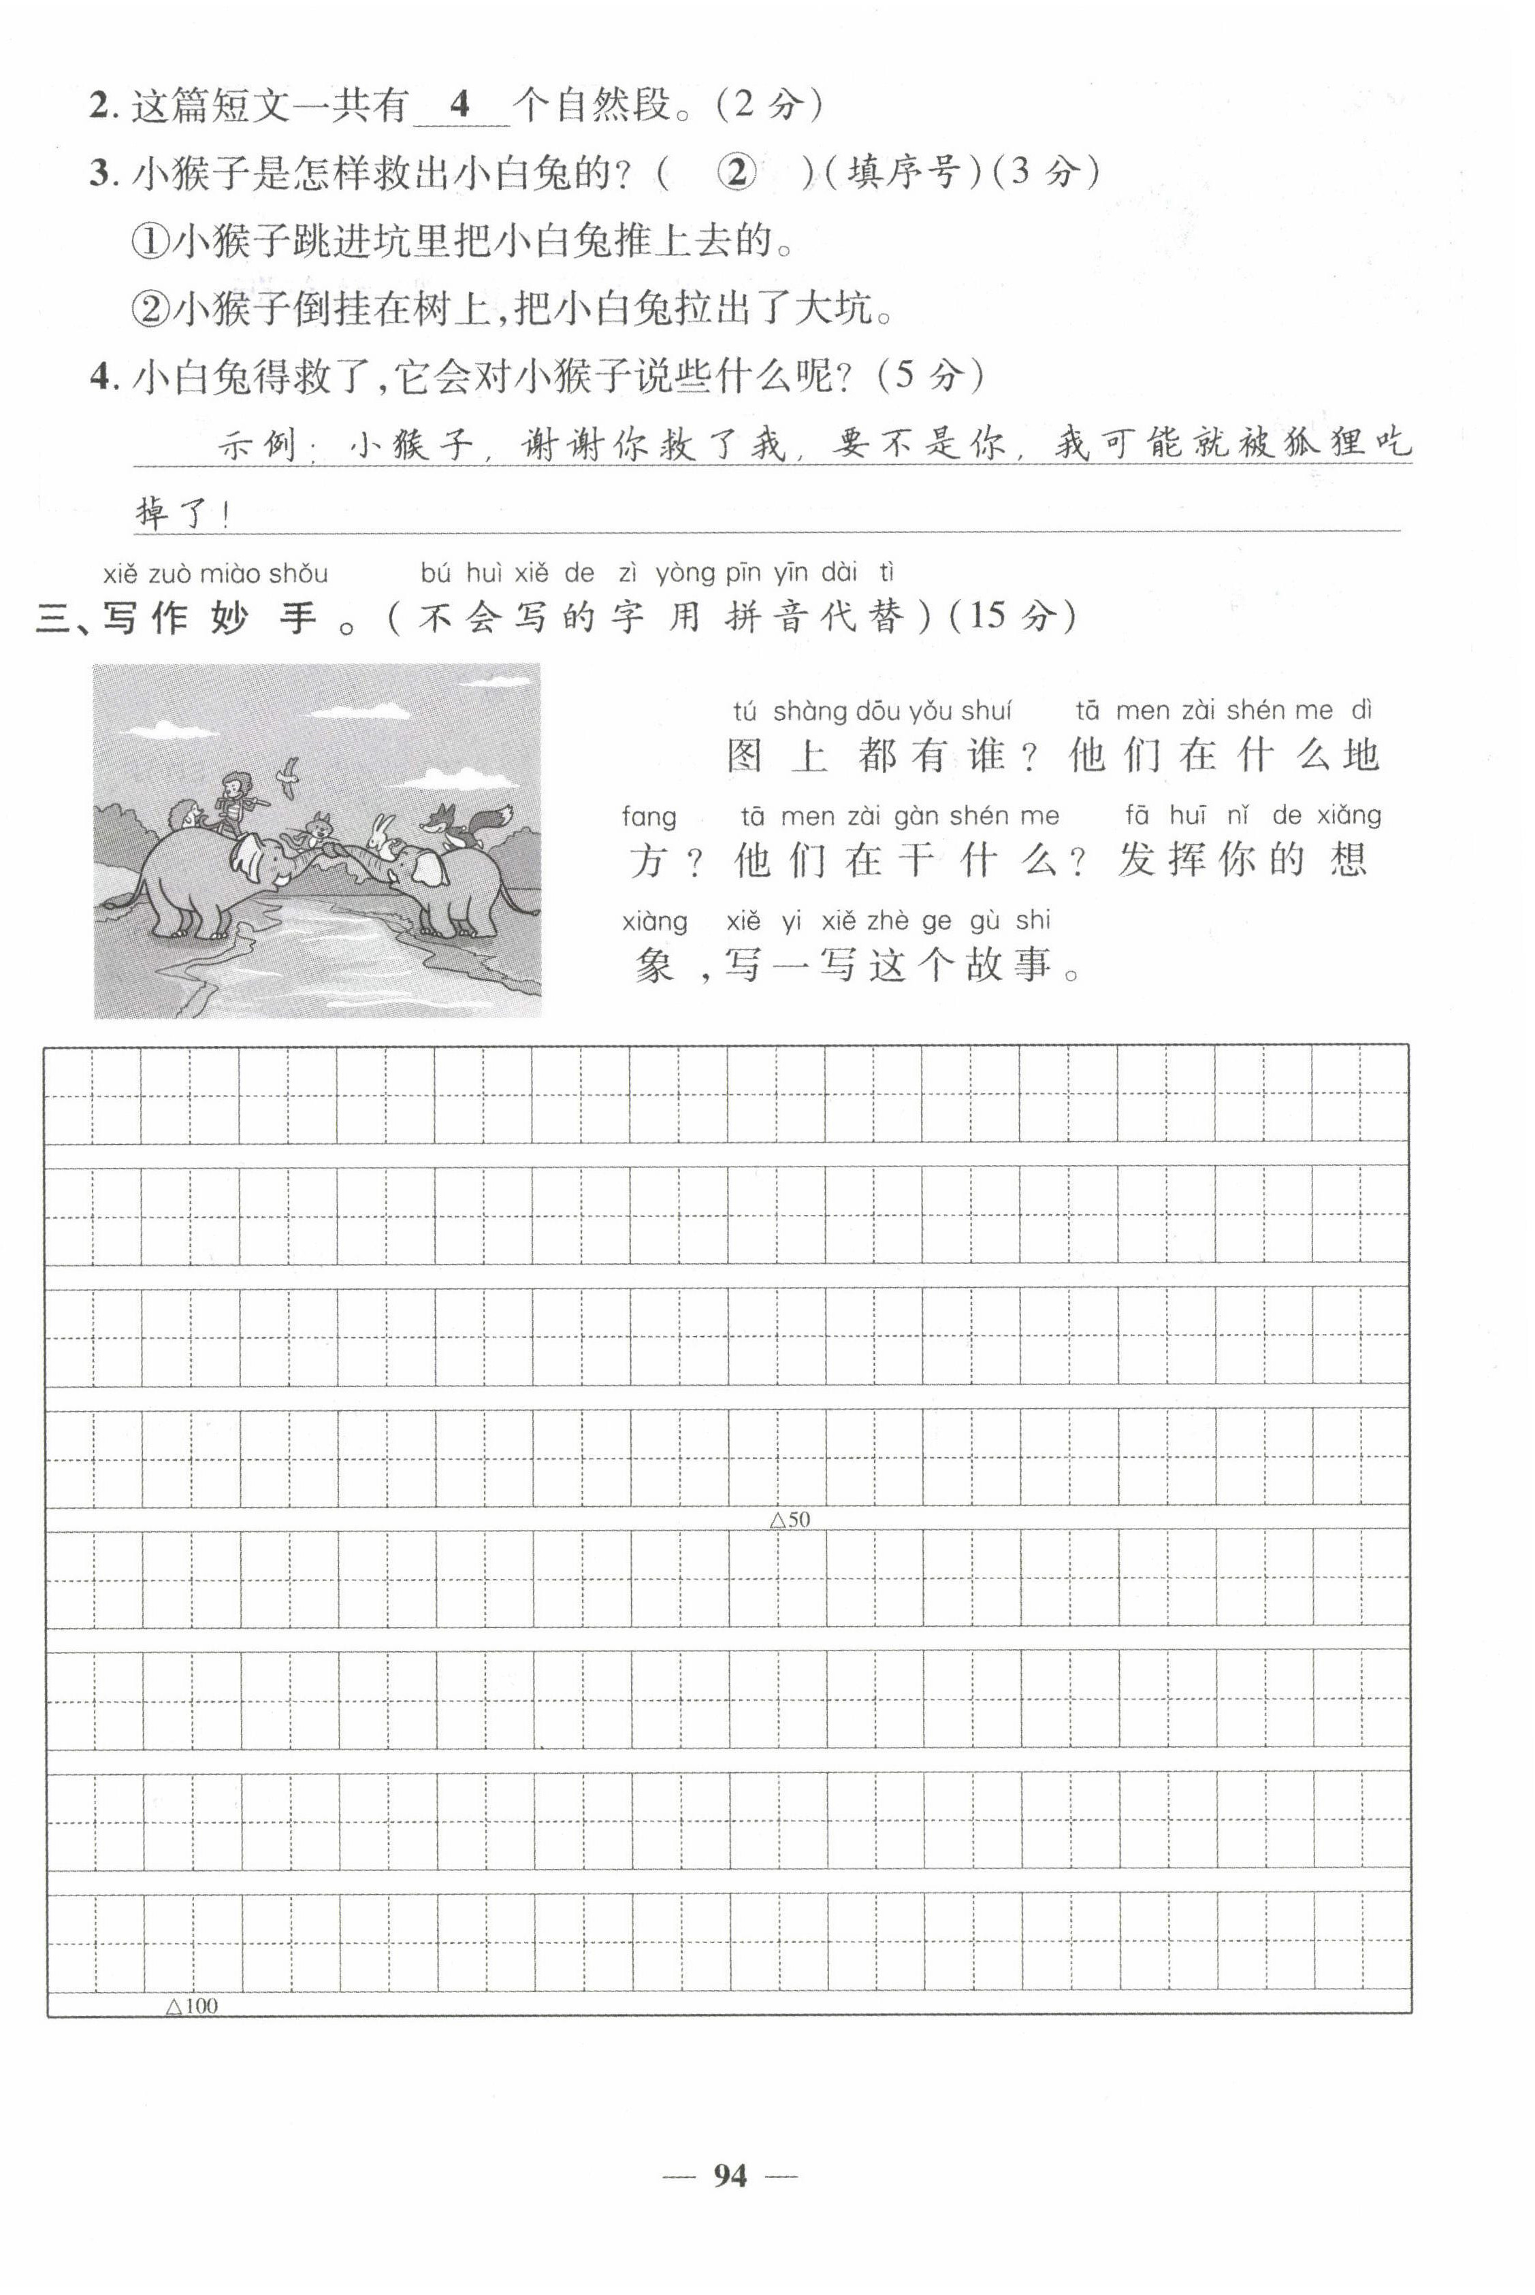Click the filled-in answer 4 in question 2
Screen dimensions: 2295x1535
pyautogui.click(x=459, y=103)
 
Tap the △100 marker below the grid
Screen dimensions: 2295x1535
pyautogui.click(x=192, y=2005)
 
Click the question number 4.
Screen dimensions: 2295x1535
pyautogui.click(x=101, y=377)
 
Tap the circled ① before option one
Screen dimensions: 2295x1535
pyautogui.click(x=149, y=241)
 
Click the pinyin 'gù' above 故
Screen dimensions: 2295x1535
pyautogui.click(x=984, y=920)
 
